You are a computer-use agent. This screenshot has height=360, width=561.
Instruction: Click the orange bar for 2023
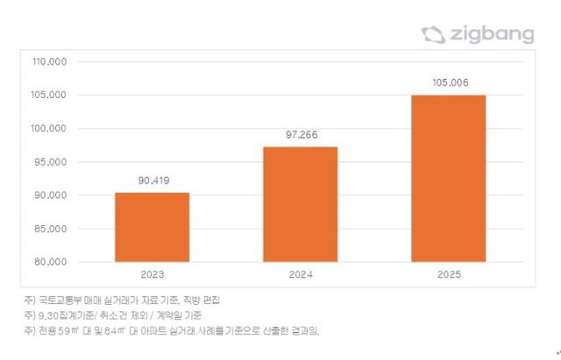(x=152, y=227)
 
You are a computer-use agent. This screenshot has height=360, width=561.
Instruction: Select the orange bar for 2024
(x=300, y=204)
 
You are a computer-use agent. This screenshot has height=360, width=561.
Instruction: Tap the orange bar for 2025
(x=449, y=178)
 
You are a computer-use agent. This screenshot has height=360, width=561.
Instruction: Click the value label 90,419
(x=152, y=181)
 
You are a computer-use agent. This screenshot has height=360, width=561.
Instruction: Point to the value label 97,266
(x=300, y=136)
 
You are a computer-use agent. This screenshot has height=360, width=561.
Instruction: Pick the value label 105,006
(x=449, y=83)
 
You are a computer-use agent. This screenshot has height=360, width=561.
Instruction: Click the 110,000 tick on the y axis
(x=50, y=62)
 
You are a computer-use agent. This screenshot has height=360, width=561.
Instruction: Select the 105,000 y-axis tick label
(x=50, y=95)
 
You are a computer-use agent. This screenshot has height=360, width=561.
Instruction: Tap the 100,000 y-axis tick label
(x=50, y=129)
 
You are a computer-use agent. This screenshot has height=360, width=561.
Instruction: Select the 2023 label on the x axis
(x=152, y=275)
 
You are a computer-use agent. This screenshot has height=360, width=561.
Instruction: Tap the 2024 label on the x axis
(x=300, y=275)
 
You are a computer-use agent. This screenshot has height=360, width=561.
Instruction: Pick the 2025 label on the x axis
(x=449, y=275)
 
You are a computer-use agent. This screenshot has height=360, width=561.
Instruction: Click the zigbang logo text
(x=492, y=35)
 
